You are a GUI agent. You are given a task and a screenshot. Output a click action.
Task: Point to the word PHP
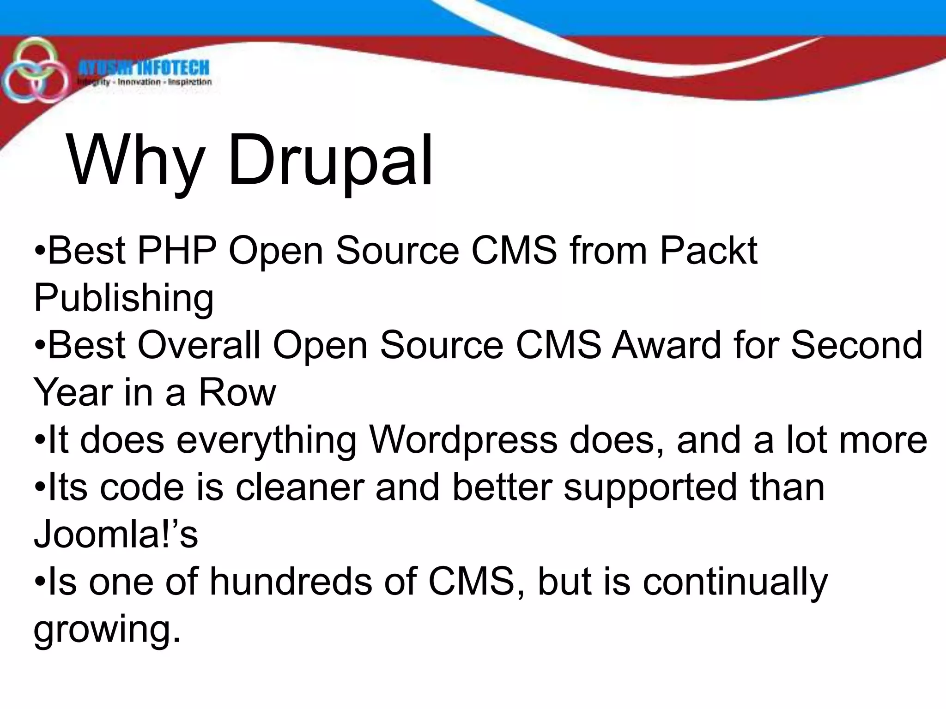(177, 251)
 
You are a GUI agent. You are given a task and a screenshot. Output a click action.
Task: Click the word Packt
(709, 251)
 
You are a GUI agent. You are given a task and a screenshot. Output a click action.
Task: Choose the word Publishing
(123, 298)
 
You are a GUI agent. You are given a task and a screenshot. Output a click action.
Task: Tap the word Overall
(199, 345)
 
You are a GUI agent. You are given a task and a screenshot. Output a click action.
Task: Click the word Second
(857, 345)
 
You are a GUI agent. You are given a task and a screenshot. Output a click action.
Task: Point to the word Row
(237, 392)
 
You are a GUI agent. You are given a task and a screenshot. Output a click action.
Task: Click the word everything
(267, 440)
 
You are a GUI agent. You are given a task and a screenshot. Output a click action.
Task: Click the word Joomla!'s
(116, 535)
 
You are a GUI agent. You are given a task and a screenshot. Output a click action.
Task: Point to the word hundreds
(291, 582)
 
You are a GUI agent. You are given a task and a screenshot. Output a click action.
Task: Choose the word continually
(735, 582)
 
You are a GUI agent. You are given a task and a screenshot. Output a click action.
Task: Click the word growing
(107, 630)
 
